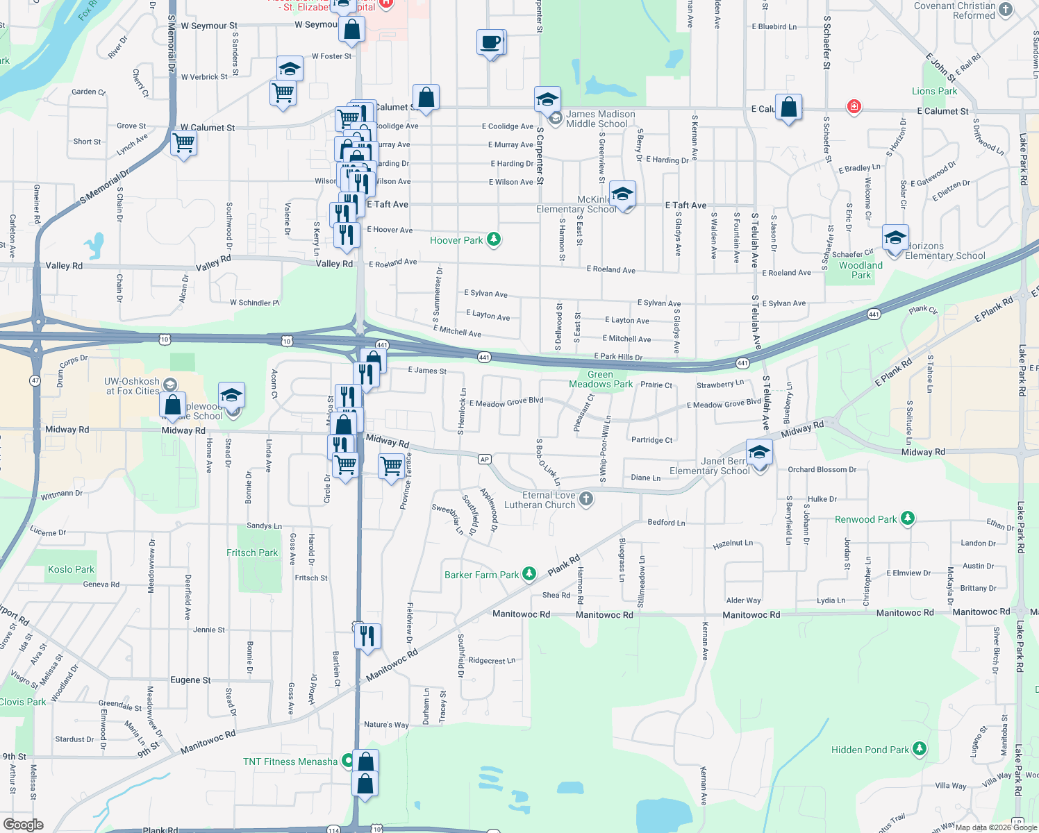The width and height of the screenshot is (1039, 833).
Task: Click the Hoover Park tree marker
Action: point(494,239)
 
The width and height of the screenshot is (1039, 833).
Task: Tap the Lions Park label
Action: point(934,91)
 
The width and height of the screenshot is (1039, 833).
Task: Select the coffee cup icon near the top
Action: point(490,42)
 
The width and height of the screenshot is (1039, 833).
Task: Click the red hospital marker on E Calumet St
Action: point(854,107)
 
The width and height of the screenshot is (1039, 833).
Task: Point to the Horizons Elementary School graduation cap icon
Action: point(895,238)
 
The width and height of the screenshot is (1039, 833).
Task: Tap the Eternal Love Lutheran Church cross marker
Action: point(586,498)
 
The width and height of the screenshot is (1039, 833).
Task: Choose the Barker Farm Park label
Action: point(481,575)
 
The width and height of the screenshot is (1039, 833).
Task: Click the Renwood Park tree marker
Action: point(907,519)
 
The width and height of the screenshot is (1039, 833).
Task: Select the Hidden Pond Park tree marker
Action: point(920,748)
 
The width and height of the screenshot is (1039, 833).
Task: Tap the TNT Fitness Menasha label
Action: point(290,762)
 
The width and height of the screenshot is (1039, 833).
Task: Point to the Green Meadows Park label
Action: point(601,379)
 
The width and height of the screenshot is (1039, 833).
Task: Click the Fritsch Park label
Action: point(251,553)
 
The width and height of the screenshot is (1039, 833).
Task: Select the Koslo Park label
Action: point(71,569)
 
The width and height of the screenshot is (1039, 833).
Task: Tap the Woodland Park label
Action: point(861,270)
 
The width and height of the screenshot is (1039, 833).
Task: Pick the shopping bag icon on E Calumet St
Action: point(788,108)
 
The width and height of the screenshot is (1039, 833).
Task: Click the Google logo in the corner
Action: point(23,824)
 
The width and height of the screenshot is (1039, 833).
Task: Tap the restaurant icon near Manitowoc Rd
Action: point(367,636)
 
